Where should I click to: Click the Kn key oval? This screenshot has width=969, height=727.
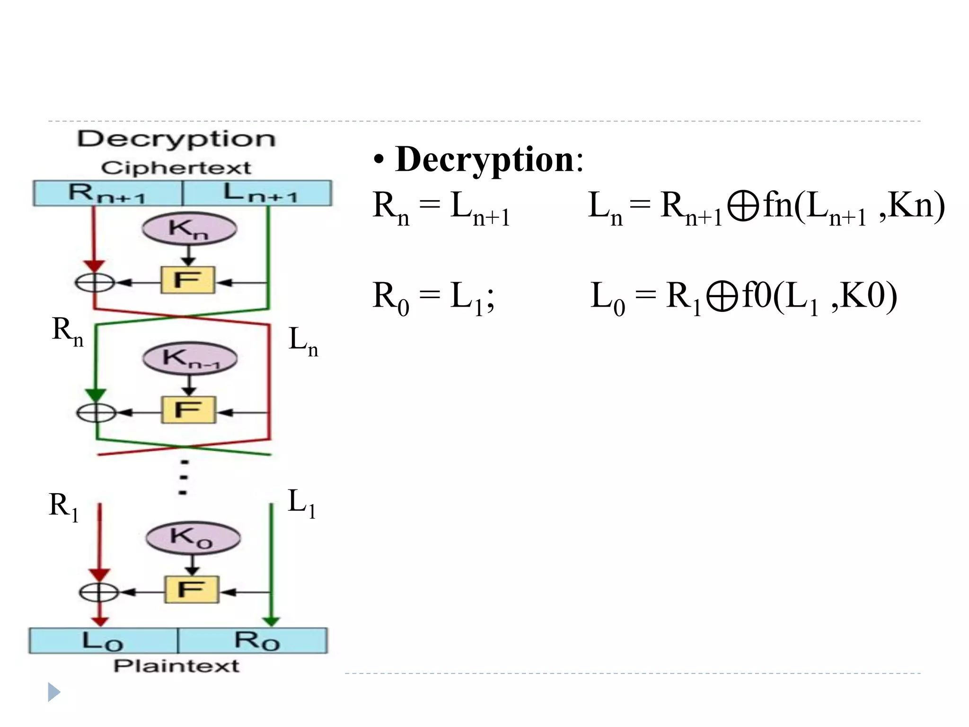click(189, 229)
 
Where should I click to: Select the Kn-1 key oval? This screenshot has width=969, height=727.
click(190, 358)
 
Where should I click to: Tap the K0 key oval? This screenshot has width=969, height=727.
click(193, 538)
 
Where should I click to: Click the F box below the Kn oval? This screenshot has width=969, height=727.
click(188, 280)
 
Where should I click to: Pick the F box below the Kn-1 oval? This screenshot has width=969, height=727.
click(189, 409)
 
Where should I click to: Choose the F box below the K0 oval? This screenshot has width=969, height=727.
click(192, 589)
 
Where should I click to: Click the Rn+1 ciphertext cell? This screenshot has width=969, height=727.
click(107, 193)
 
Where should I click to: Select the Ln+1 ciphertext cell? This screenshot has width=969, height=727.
click(257, 193)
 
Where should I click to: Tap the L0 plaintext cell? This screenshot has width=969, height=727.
click(103, 641)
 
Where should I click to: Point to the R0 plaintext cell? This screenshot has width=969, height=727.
click(253, 641)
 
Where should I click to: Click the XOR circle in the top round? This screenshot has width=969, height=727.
click(95, 283)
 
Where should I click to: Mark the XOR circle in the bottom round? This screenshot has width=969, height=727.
click(98, 592)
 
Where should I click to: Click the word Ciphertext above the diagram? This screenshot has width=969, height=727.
click(176, 168)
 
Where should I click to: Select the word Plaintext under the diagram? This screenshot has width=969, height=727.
click(176, 666)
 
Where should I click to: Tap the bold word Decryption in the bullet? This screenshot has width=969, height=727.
click(484, 160)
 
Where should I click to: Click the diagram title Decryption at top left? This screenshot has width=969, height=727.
click(176, 139)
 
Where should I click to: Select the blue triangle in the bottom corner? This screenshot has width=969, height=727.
click(54, 692)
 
